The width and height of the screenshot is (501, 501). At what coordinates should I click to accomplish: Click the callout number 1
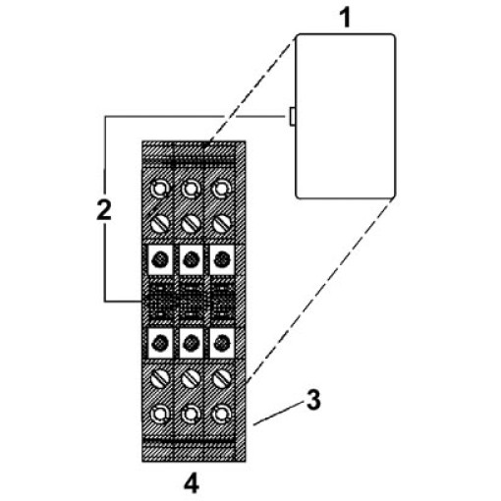pyautogui.click(x=346, y=18)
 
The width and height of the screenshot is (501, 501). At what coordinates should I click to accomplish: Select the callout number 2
pyautogui.click(x=104, y=210)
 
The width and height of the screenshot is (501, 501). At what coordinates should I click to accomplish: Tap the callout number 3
pyautogui.click(x=313, y=400)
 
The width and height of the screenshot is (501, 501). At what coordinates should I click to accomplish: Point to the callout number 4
pyautogui.click(x=192, y=483)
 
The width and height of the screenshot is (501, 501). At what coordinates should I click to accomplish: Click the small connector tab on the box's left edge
pyautogui.click(x=292, y=117)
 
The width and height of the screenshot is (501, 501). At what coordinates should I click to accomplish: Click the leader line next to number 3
pyautogui.click(x=278, y=415)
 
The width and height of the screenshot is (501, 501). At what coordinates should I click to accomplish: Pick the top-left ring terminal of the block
pyautogui.click(x=160, y=189)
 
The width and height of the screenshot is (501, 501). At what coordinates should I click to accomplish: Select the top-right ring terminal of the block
pyautogui.click(x=222, y=189)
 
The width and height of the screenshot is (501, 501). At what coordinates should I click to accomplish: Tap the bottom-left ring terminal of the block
pyautogui.click(x=160, y=415)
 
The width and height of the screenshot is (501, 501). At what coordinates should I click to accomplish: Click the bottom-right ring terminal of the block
pyautogui.click(x=222, y=415)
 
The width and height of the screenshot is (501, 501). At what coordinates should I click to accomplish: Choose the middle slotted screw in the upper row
pyautogui.click(x=191, y=224)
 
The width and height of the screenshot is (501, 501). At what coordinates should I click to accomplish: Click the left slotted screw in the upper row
pyautogui.click(x=160, y=224)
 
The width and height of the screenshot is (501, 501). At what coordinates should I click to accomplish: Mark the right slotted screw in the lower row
pyautogui.click(x=222, y=379)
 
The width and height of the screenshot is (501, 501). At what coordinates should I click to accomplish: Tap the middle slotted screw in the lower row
pyautogui.click(x=191, y=379)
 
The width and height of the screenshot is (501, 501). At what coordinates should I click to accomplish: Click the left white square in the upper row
pyautogui.click(x=160, y=260)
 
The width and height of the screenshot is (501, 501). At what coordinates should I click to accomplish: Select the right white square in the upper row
pyautogui.click(x=222, y=260)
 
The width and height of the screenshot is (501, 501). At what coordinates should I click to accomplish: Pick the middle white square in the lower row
pyautogui.click(x=192, y=343)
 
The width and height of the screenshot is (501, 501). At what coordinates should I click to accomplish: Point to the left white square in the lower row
pyautogui.click(x=160, y=343)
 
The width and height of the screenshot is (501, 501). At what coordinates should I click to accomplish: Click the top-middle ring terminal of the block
pyautogui.click(x=191, y=189)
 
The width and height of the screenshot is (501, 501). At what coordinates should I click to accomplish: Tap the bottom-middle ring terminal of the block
pyautogui.click(x=191, y=415)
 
